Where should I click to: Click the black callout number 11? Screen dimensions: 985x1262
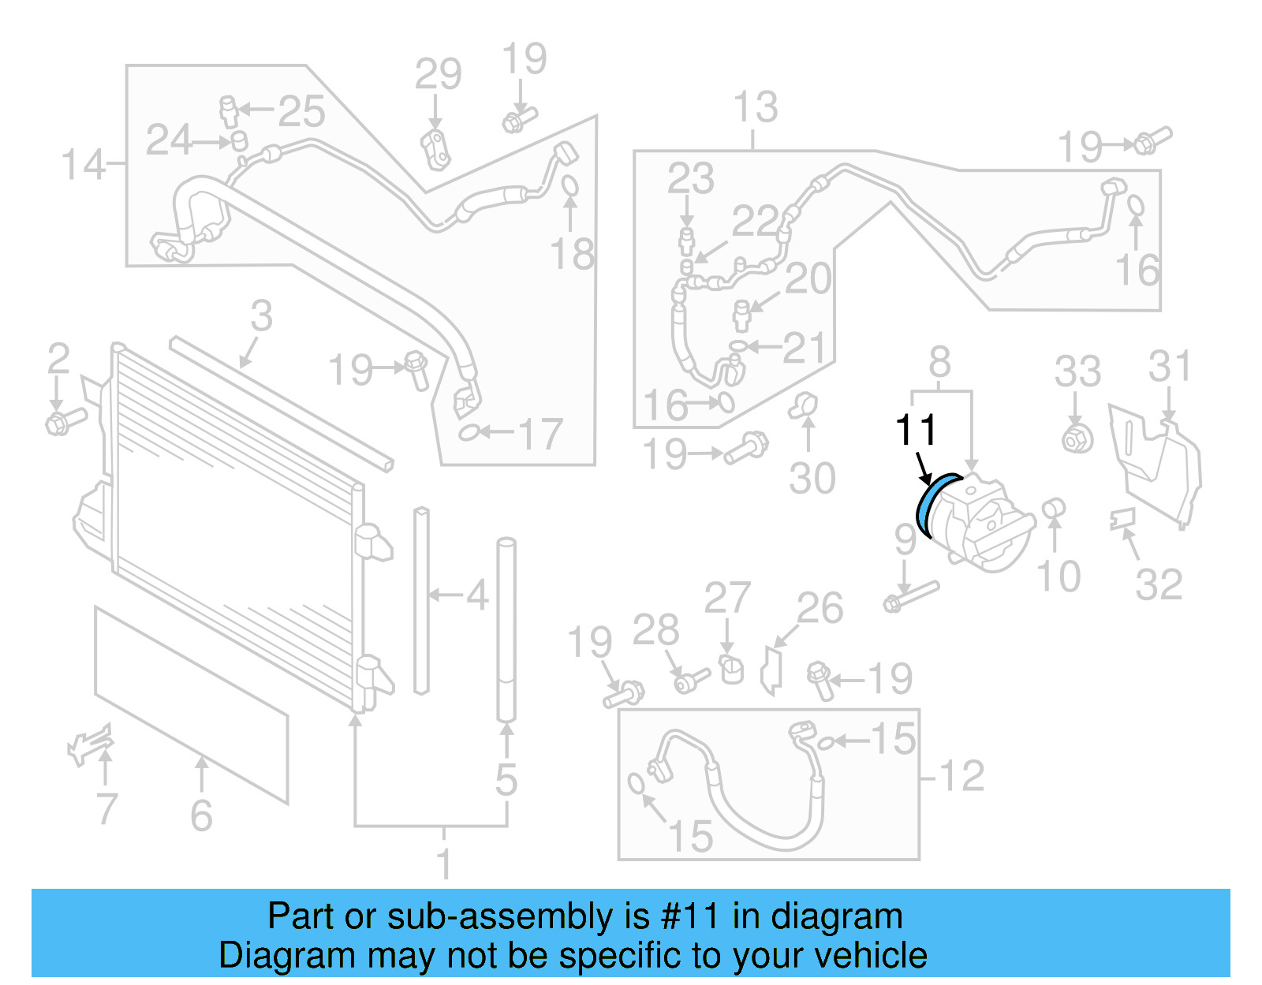coord(916,431)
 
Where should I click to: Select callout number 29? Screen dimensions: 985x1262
coord(438,75)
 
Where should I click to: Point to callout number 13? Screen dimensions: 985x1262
coord(755,107)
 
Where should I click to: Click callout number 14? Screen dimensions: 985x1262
coord(83,165)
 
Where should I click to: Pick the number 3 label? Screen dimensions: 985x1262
coord(261,316)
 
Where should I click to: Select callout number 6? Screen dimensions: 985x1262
coord(201,815)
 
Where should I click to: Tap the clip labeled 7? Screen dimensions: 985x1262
coord(89,743)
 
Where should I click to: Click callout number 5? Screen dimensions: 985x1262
coord(506,779)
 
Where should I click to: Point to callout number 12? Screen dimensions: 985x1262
coord(961,775)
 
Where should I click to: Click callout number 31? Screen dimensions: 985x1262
coord(1170,367)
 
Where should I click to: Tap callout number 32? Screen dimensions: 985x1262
coord(1159,584)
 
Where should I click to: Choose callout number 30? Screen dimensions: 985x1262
coord(812,478)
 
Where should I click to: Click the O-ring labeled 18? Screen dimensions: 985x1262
coord(569,186)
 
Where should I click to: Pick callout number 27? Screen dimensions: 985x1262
coord(726,599)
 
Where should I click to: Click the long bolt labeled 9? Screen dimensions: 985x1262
coord(912,596)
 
